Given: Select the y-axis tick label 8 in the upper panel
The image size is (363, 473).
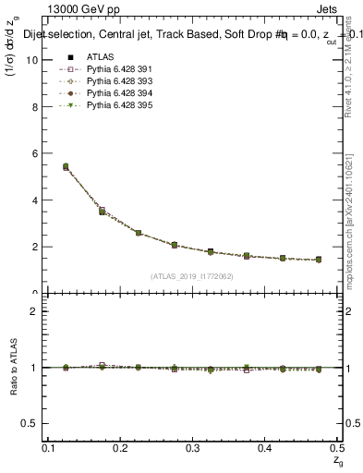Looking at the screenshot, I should [34, 106].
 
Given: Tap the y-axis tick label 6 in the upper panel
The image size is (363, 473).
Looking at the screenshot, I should [34, 153].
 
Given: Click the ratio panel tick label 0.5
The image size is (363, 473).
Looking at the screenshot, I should [30, 424].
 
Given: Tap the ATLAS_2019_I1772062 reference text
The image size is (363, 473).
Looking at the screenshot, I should [192, 275].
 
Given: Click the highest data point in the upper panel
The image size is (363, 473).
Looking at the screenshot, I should [66, 166].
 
